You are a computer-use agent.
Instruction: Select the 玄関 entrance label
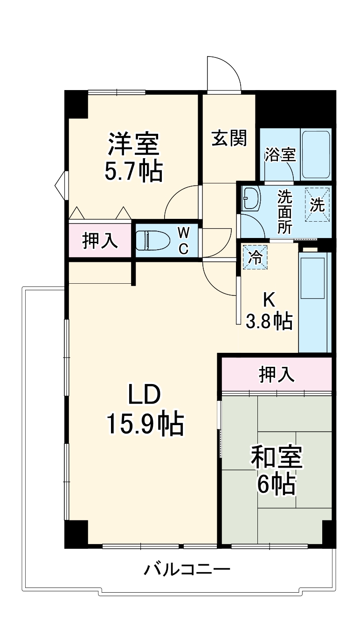[x=229, y=138]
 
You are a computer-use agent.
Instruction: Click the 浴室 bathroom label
[x=280, y=155]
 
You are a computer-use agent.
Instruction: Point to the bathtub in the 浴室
[x=316, y=154]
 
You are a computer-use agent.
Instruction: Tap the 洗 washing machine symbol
[x=318, y=205]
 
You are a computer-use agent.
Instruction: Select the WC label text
[x=184, y=241]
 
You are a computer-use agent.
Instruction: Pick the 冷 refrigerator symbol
[x=255, y=257]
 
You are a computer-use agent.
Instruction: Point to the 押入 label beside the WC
[x=100, y=241]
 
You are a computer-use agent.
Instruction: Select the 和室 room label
[x=277, y=457]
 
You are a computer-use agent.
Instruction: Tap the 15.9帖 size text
[x=145, y=423]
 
